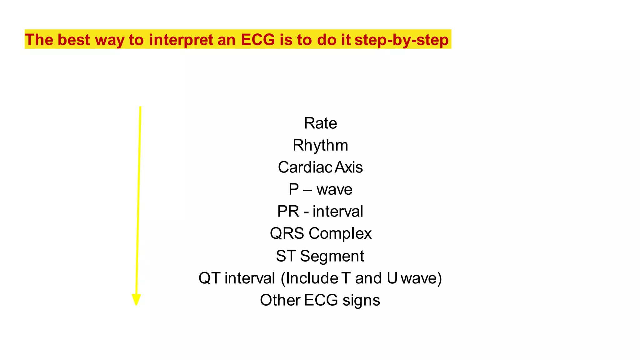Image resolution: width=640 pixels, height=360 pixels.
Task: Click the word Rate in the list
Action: coord(320,123)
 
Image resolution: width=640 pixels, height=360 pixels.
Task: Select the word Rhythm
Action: coord(320,145)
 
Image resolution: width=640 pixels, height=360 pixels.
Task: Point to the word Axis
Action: coord(349,167)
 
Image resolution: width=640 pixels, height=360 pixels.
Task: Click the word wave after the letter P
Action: coord(334,189)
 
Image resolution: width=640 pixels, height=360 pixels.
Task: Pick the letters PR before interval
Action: coord(288,211)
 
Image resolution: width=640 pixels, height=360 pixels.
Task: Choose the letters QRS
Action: coord(287,233)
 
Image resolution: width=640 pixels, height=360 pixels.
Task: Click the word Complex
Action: coord(340,233)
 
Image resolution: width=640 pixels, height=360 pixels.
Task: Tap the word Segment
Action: coord(332,256)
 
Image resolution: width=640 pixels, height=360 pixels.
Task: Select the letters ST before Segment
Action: coord(286,256)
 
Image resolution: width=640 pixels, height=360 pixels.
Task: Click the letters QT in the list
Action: coord(209,278)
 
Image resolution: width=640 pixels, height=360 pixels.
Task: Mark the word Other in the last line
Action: coord(280,300)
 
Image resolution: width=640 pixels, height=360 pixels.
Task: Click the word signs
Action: coord(361,300)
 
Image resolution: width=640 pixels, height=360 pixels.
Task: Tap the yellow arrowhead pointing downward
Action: coord(136,299)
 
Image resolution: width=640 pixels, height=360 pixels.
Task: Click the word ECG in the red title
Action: coord(258,40)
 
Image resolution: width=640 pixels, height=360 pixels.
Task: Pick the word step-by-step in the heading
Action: coord(402,40)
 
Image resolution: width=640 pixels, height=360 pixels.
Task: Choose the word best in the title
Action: coord(74,40)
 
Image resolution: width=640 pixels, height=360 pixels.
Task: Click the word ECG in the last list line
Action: coord(321,300)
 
